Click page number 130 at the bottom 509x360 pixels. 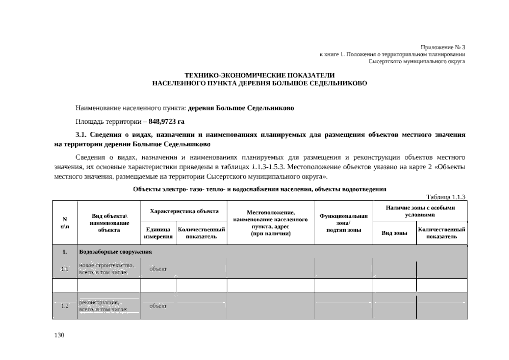[x=59, y=335]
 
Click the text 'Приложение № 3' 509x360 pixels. [x=443, y=47]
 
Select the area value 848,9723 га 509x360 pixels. [x=168, y=121]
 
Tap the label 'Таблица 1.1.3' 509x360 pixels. [x=445, y=197]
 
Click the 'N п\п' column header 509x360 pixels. [x=65, y=223]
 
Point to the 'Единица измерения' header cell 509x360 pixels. [x=158, y=233]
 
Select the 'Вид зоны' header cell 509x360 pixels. [x=394, y=233]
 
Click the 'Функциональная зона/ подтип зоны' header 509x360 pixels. [x=344, y=223]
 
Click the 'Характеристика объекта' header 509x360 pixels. [x=184, y=211]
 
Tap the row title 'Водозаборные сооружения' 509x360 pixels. [x=115, y=252]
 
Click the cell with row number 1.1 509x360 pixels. [x=65, y=269]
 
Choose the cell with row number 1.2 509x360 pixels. [x=65, y=306]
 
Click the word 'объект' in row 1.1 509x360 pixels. [x=158, y=269]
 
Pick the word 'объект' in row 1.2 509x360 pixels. [x=158, y=306]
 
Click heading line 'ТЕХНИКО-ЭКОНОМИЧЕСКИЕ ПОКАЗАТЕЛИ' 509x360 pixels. [x=259, y=75]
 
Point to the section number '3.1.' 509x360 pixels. [x=81, y=135]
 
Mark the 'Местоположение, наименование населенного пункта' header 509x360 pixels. [x=270, y=223]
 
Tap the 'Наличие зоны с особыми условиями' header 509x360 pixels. [x=420, y=211]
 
